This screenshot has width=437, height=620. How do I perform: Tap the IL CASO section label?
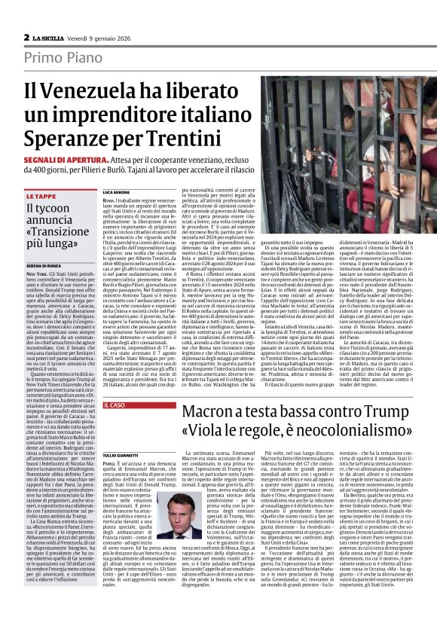tap(113, 405)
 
